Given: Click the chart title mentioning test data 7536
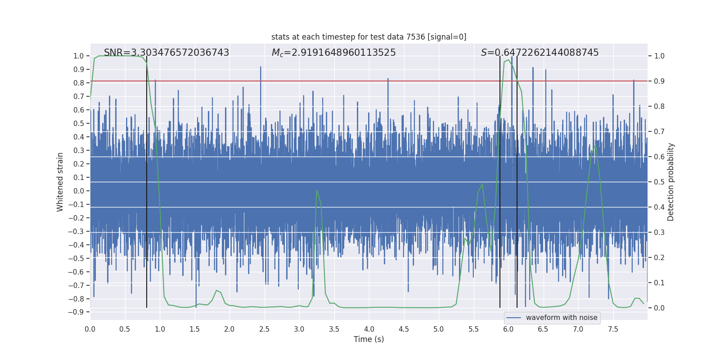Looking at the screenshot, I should click(x=369, y=37).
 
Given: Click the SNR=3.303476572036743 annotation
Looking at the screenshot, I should click(x=166, y=53).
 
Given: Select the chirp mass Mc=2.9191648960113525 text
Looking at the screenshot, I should click(x=333, y=53).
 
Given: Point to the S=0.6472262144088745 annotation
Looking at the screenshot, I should click(x=540, y=53).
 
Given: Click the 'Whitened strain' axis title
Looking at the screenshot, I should click(x=60, y=182).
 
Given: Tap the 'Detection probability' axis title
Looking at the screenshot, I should click(x=671, y=182).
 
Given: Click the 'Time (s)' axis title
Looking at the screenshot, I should click(x=369, y=339).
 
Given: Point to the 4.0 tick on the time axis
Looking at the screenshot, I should click(x=369, y=329).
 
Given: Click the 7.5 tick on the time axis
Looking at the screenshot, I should click(x=613, y=329).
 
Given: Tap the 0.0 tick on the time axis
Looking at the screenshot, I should click(x=90, y=329).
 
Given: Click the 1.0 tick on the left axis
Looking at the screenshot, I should click(x=78, y=56).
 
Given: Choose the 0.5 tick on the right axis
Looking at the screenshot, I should click(x=659, y=182).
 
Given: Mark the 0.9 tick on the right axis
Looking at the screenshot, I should click(x=659, y=81).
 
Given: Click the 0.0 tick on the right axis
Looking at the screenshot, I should click(x=659, y=308).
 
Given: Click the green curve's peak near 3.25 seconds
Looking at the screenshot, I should click(x=317, y=190).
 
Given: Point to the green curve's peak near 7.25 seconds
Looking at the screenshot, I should click(x=596, y=145).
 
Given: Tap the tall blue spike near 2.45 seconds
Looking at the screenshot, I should click(x=261, y=67).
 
